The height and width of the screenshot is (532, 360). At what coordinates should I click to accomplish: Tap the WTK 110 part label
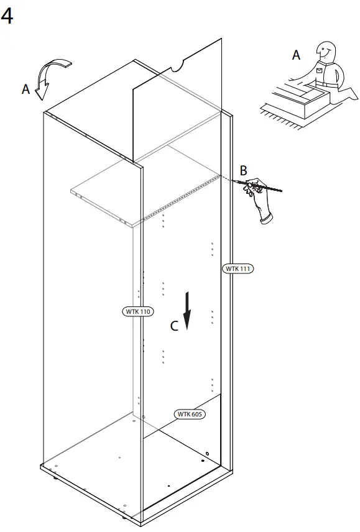point(137,311)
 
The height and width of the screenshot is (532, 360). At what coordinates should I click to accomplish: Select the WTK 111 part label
point(238,268)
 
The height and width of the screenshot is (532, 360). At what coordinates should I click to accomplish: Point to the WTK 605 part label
point(190,414)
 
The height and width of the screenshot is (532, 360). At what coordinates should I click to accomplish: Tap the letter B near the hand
point(244,170)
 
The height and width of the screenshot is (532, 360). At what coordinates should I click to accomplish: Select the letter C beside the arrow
point(175,325)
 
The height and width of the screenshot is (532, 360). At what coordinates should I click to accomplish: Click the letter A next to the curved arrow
point(25,89)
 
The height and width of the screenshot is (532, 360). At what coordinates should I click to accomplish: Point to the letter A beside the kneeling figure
point(297,56)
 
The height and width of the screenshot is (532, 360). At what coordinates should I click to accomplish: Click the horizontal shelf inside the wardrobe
point(143,186)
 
